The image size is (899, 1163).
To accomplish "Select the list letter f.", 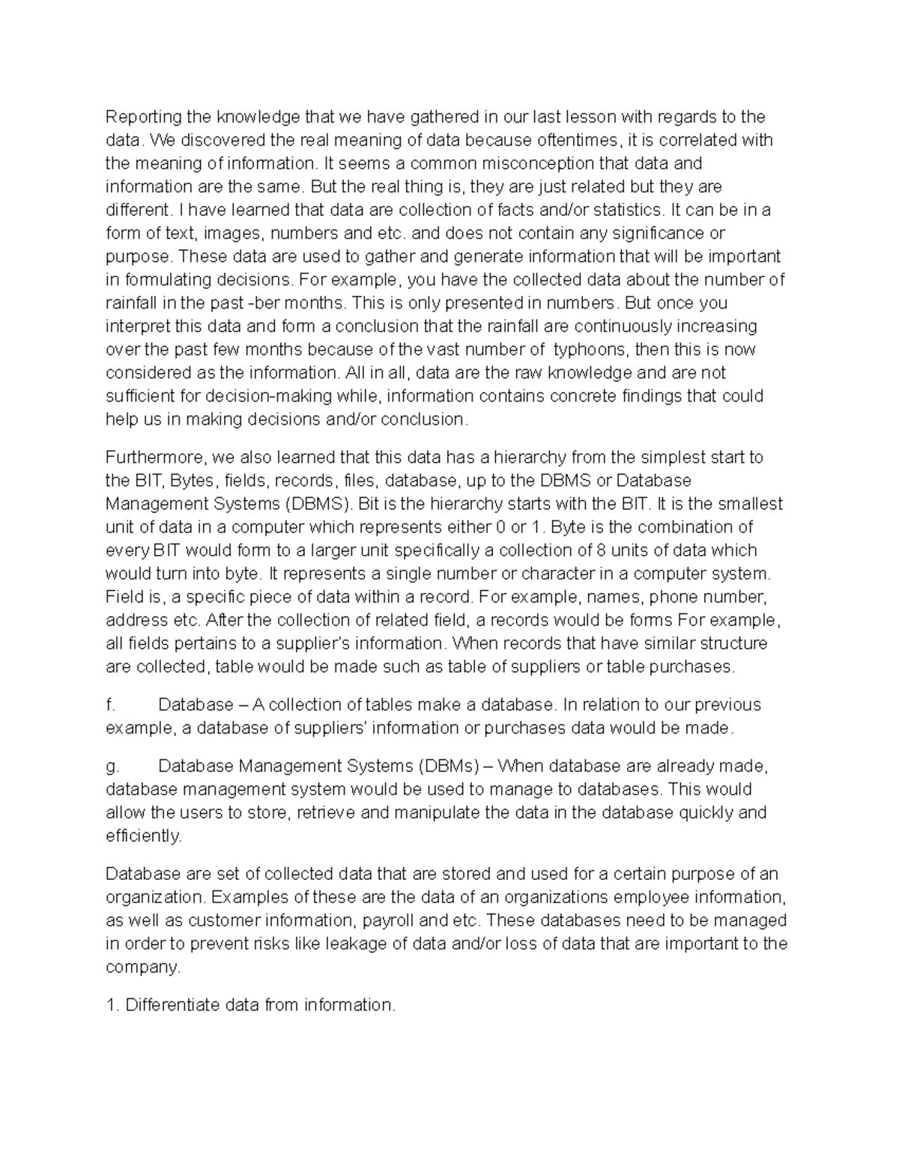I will pos(110,705).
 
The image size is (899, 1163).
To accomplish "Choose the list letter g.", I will pos(111,766).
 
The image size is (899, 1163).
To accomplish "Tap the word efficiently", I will pos(143,836).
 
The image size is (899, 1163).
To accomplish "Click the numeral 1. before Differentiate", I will pos(112,1005).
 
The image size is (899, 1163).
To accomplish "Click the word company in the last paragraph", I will pos(142,968).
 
